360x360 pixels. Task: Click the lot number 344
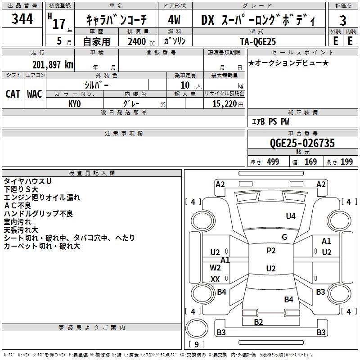[x=22, y=18]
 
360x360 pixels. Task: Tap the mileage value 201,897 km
[x=53, y=65]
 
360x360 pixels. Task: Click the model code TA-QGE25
[x=258, y=41]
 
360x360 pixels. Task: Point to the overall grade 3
[x=343, y=20]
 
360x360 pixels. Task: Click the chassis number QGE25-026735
[x=302, y=143]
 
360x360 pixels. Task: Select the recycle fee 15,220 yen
[x=228, y=104]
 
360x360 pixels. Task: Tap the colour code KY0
[x=75, y=104]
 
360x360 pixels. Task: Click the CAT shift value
[x=13, y=94]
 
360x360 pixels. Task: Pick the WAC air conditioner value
[x=35, y=94]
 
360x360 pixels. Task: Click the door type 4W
[x=174, y=20]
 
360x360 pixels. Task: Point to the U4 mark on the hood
[x=291, y=216]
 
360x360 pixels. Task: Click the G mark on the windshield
[x=284, y=237]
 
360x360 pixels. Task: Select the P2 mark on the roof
[x=271, y=251]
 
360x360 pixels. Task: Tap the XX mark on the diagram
[x=215, y=279]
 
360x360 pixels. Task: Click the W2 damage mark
[x=215, y=268]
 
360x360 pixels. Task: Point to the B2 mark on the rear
[x=258, y=322]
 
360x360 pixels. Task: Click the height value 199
[x=346, y=162]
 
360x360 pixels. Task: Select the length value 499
[x=273, y=162]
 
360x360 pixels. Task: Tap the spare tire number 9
[x=197, y=344]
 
